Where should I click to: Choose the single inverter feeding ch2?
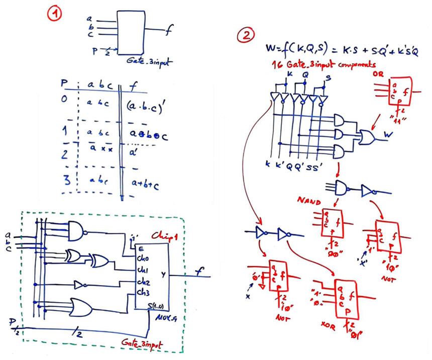click(x=80, y=285)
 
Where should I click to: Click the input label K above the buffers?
click(x=289, y=75)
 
